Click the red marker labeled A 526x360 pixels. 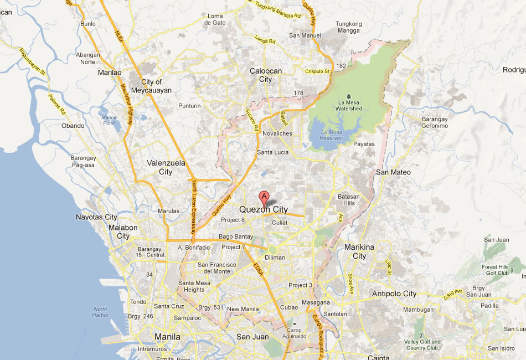[264, 197]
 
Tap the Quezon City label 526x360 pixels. [264, 209]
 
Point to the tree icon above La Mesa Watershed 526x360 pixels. [348, 96]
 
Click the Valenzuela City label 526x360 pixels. [166, 167]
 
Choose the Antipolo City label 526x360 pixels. [394, 294]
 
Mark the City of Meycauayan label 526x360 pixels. [152, 86]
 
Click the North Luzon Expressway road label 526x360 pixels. [194, 205]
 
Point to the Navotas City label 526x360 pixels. [96, 217]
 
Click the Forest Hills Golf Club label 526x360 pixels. [495, 270]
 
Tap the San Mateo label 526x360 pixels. [393, 172]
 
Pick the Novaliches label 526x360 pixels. [277, 134]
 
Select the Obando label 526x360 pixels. [73, 126]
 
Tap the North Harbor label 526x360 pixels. [101, 312]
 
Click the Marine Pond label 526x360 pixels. [109, 120]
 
